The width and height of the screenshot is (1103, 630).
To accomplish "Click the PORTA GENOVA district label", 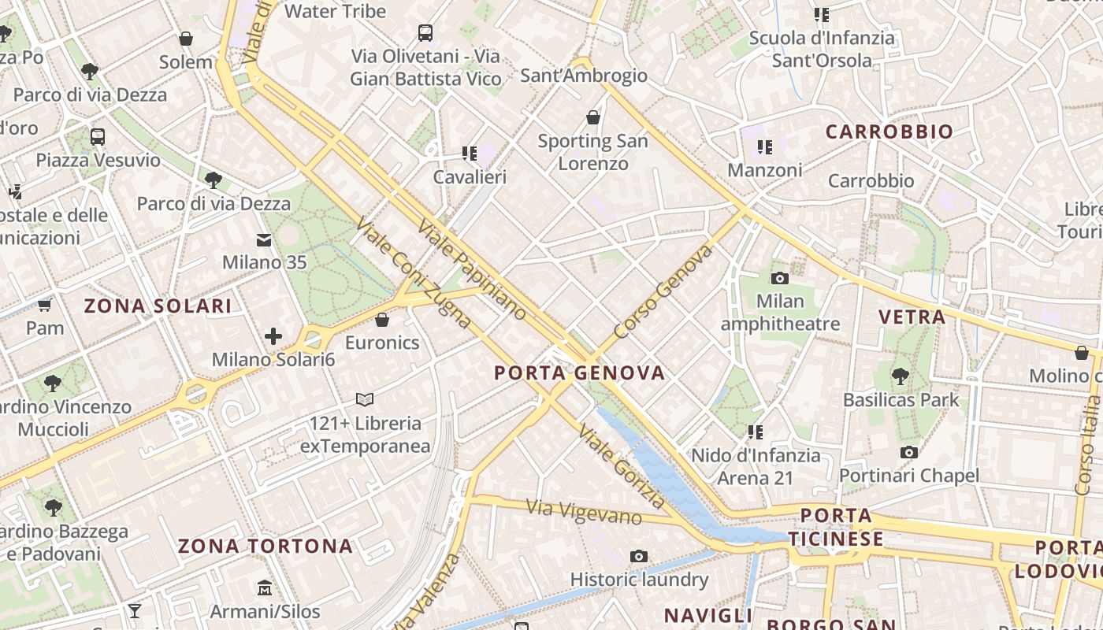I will [580, 372].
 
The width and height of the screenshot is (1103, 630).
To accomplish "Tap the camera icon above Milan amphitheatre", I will [780, 278].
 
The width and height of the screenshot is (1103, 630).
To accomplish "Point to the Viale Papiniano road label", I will [471, 270].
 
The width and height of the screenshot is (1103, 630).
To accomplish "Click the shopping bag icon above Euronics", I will [382, 320].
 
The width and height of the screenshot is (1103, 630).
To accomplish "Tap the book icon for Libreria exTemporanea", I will [364, 399].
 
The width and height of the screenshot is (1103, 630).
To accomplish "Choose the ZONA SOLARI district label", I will [158, 306].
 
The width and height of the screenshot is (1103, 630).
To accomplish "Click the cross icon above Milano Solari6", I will [273, 337].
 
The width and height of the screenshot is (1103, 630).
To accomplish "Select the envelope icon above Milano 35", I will [264, 239].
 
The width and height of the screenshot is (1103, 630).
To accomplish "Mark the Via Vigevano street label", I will [584, 512].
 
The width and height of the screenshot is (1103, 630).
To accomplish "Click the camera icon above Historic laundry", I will [639, 557].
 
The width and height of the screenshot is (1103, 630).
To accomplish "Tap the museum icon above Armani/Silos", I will [265, 588].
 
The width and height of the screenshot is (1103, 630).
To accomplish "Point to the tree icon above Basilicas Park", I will [901, 376].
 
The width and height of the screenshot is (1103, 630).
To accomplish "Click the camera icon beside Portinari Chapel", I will [909, 452].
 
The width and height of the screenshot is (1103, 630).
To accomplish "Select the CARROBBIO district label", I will [889, 132].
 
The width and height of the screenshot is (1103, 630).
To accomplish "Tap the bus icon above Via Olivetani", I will [425, 33].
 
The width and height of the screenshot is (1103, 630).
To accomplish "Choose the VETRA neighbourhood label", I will [912, 317].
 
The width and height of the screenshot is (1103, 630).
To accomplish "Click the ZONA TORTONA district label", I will [265, 546].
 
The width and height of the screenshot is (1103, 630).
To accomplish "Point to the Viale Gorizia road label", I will [622, 466].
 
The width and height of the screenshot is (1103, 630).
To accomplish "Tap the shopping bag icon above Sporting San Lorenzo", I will [593, 118].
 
